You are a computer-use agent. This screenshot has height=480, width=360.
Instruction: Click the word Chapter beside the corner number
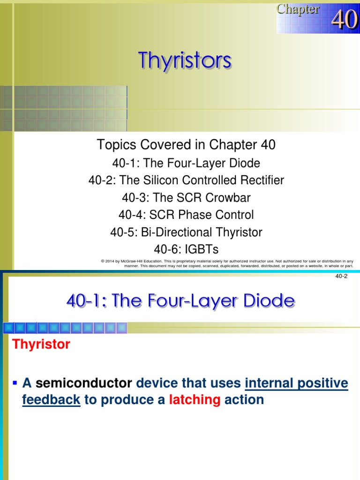[298, 9]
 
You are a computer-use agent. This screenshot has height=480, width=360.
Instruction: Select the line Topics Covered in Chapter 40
[186, 145]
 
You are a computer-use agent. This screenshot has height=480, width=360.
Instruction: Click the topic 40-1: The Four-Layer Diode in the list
[186, 163]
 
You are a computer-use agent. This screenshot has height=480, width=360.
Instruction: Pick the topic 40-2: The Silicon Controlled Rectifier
[186, 180]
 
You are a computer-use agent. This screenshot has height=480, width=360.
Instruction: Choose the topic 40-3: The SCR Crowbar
[186, 198]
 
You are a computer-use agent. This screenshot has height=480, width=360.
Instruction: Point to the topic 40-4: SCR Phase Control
[186, 215]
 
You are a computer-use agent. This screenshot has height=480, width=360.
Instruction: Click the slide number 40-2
[341, 276]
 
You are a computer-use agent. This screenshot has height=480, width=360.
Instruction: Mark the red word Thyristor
[41, 345]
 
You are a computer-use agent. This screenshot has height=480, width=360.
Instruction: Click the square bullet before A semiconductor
[15, 383]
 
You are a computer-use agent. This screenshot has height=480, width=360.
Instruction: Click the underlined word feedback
[51, 400]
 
